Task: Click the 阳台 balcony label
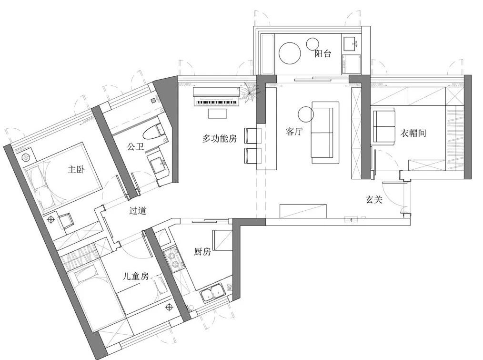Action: click(x=322, y=53)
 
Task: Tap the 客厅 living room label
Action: click(x=294, y=132)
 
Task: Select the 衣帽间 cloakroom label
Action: click(x=413, y=133)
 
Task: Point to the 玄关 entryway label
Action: click(x=374, y=200)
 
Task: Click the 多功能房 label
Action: click(x=219, y=138)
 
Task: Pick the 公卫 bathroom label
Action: click(x=136, y=146)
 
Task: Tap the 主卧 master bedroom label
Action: click(x=76, y=169)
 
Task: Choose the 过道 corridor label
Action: click(x=137, y=211)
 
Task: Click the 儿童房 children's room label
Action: click(x=136, y=276)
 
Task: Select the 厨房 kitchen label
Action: click(x=202, y=252)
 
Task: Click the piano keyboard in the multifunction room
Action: click(x=216, y=101)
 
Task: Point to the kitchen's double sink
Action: click(x=213, y=293)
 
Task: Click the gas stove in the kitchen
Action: click(x=174, y=259)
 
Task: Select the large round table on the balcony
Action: click(x=290, y=53)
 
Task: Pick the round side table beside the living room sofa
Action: click(x=306, y=114)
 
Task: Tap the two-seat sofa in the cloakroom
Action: click(x=384, y=126)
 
